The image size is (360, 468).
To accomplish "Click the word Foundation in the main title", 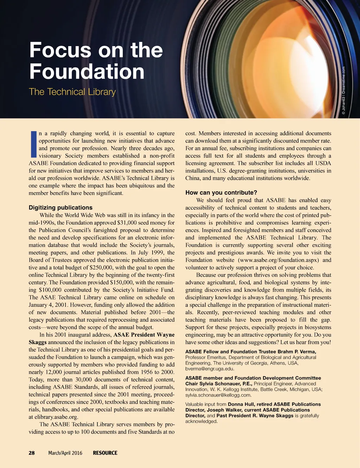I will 87,71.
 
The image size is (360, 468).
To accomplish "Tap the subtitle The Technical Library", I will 72,92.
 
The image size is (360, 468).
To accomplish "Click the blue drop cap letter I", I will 33,144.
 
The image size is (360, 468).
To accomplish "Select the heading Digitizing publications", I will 60,208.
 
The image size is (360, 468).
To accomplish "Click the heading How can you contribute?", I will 221,192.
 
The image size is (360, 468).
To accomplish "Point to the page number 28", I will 32,453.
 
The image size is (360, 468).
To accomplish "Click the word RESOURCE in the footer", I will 105,453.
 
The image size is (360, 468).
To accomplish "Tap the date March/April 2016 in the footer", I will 65,453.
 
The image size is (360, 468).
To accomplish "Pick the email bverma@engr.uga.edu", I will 210,369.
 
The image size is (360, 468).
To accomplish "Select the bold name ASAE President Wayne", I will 144,335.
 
